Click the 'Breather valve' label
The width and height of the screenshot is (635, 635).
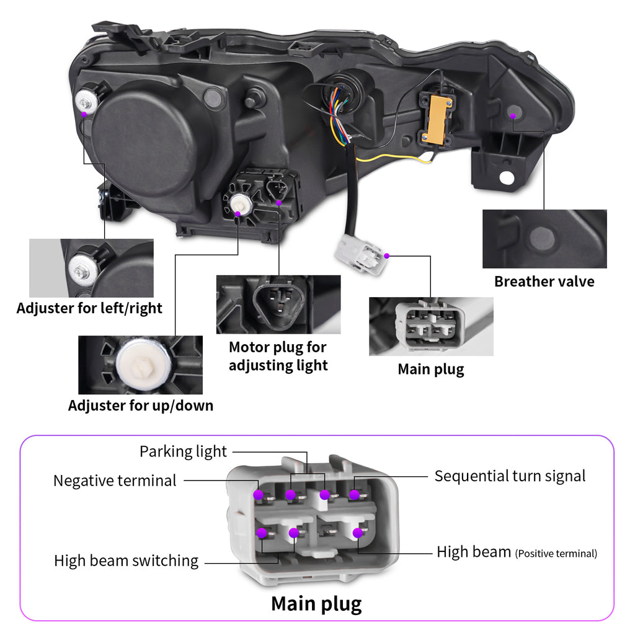click(544, 282)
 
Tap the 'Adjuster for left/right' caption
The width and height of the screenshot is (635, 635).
click(89, 308)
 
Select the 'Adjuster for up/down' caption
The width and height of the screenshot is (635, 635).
click(141, 406)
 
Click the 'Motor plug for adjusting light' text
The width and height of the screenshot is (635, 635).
click(278, 356)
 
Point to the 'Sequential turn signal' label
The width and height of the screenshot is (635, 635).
click(510, 476)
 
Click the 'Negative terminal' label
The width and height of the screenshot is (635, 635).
click(115, 480)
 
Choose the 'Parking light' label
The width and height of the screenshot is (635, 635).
click(183, 451)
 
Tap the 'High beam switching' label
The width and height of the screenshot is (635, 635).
click(126, 561)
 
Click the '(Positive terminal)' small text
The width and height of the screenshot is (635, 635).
click(556, 553)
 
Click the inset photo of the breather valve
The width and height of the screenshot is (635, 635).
click(544, 239)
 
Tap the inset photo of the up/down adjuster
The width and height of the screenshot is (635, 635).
click(140, 365)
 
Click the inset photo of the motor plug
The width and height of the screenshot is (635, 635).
click(278, 304)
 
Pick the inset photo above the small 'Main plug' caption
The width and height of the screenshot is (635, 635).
click(431, 326)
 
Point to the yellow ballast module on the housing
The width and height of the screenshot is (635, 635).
click(437, 118)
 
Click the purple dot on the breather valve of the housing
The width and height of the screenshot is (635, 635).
click(513, 114)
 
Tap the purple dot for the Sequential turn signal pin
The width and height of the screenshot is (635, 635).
click(354, 494)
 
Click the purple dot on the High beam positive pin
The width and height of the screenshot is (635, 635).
click(357, 532)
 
